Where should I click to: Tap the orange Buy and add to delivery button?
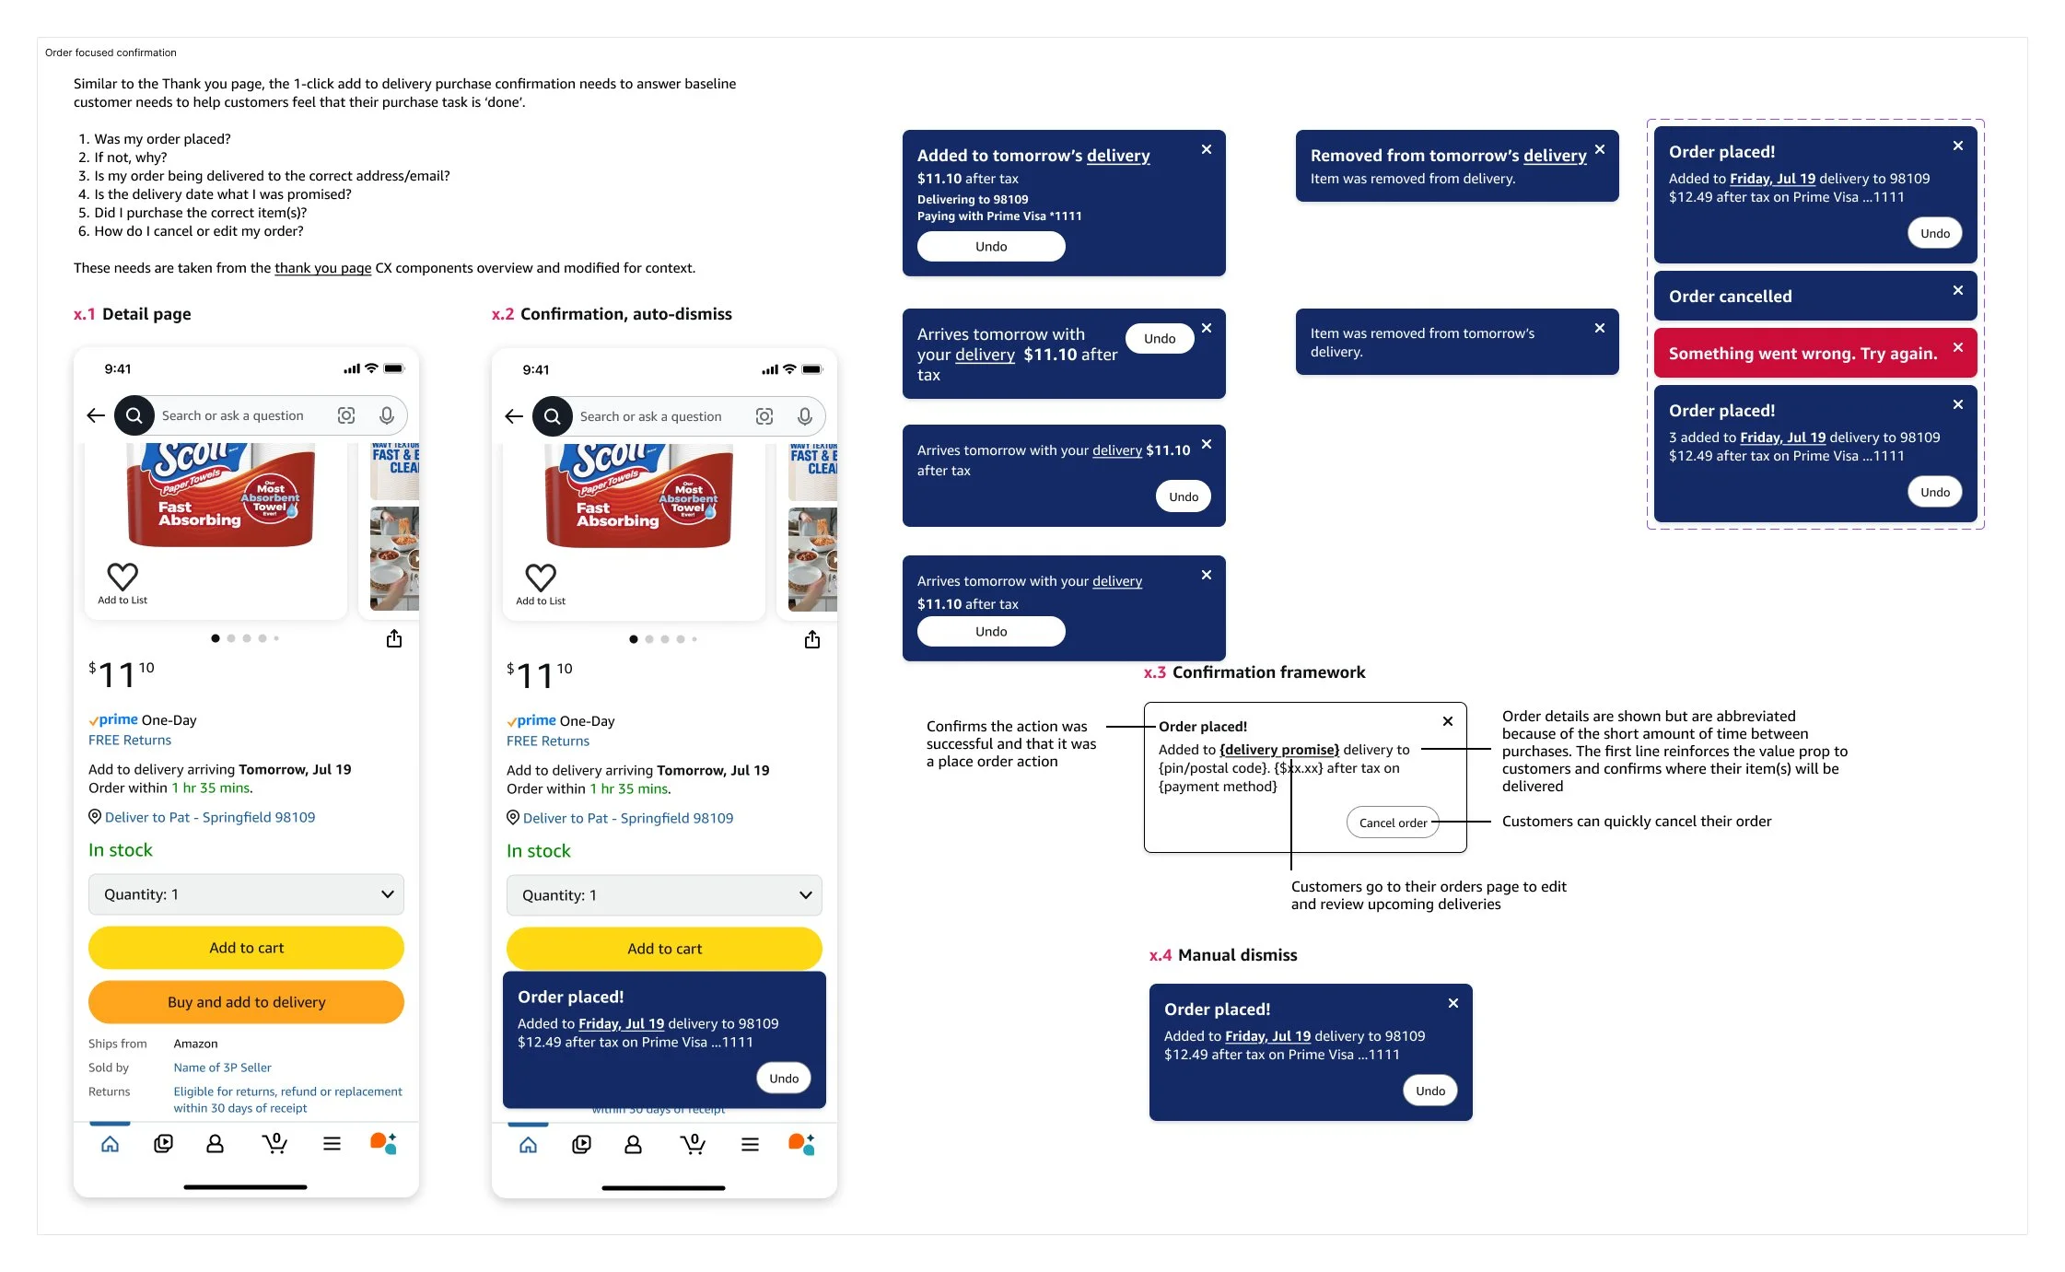[x=246, y=1002]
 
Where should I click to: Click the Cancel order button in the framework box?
[x=1393, y=823]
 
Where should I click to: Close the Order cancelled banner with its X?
[x=1958, y=290]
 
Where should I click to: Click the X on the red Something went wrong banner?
[x=1958, y=347]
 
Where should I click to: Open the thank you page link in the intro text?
[x=322, y=268]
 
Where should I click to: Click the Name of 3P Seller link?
[x=222, y=1068]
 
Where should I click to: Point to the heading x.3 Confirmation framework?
[x=1254, y=672]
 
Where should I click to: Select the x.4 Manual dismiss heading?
[x=1223, y=955]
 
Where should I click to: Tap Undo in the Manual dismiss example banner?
[x=1430, y=1091]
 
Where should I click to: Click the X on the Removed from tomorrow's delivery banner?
[x=1600, y=149]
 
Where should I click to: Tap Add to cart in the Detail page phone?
[x=246, y=948]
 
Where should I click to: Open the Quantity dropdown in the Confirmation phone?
[x=664, y=895]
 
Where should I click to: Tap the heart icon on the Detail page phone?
[x=122, y=577]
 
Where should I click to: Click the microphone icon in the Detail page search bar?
[x=387, y=415]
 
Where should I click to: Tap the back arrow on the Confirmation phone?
[x=514, y=416]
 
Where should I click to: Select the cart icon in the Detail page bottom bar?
[x=274, y=1144]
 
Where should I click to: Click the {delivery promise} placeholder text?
[x=1279, y=750]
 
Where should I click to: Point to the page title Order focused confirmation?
[x=111, y=53]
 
